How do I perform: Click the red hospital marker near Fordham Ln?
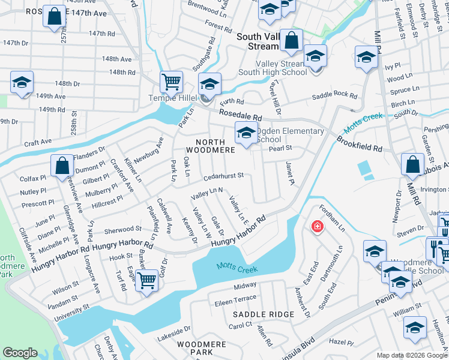(x=316, y=227)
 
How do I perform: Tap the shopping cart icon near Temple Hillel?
(x=171, y=80)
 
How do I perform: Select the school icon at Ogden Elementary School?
(x=245, y=133)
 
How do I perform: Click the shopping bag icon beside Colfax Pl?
(x=62, y=165)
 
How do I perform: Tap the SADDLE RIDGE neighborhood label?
(x=264, y=314)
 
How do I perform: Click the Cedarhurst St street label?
(x=223, y=176)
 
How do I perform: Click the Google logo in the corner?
(x=20, y=353)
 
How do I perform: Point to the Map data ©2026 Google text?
(x=411, y=355)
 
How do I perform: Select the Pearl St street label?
(x=280, y=148)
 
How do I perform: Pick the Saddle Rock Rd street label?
(x=334, y=95)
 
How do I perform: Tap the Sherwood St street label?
(x=122, y=230)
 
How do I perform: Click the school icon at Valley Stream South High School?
(x=315, y=56)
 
